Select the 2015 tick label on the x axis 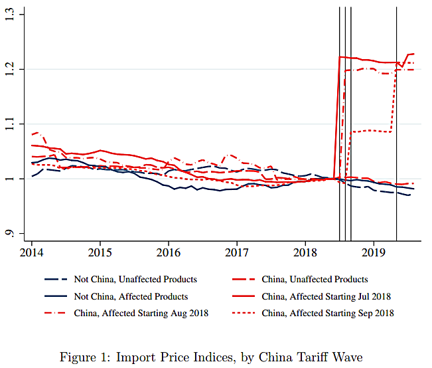pyautogui.click(x=100, y=254)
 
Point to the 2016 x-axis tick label pyautogui.click(x=169, y=254)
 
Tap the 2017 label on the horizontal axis pyautogui.click(x=237, y=254)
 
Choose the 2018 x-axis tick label pyautogui.click(x=305, y=254)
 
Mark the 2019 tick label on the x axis pyautogui.click(x=374, y=254)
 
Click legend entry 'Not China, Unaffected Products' pyautogui.click(x=136, y=280)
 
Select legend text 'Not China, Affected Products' pyautogui.click(x=131, y=296)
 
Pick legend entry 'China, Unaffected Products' pyautogui.click(x=315, y=280)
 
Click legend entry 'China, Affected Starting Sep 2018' pyautogui.click(x=328, y=313)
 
